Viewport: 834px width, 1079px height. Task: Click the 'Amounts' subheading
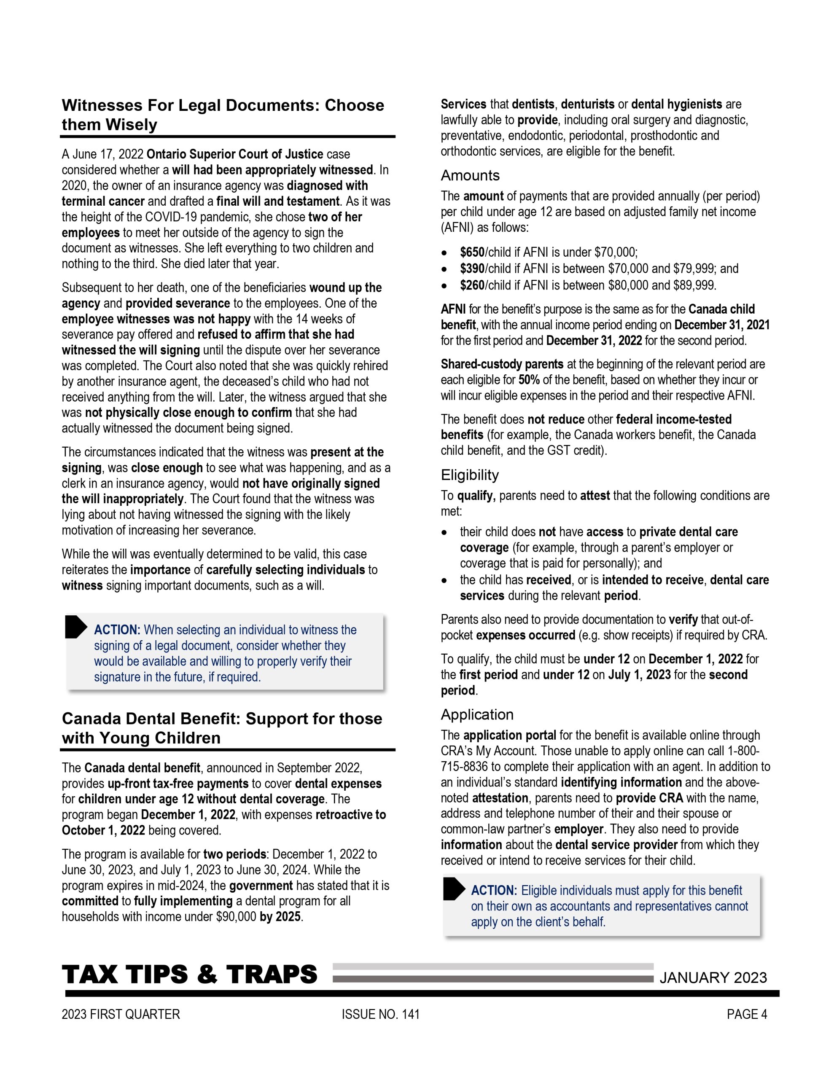[470, 176]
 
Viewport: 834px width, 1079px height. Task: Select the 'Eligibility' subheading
[470, 475]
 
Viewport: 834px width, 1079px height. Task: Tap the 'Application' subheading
[476, 715]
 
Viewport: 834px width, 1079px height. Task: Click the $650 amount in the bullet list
[472, 252]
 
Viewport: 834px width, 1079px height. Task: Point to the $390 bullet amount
[472, 269]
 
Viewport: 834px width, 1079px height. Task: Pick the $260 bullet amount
[472, 286]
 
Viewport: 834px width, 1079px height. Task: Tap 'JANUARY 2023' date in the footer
[713, 978]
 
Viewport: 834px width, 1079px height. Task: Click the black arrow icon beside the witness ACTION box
[75, 627]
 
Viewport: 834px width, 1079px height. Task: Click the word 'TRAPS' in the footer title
[272, 975]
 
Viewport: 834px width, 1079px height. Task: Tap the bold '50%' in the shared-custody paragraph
[528, 381]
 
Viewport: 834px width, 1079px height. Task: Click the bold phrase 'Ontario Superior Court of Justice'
[235, 155]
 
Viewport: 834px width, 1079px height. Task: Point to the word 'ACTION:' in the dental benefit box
[493, 891]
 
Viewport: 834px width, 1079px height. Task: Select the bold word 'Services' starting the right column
[463, 105]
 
